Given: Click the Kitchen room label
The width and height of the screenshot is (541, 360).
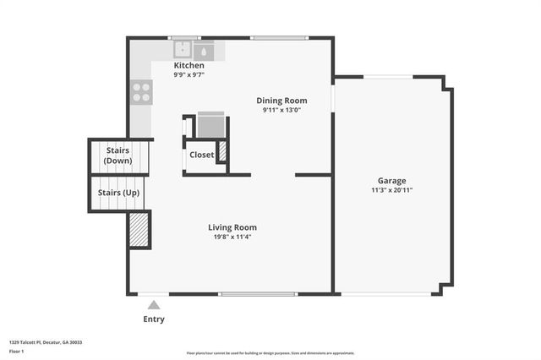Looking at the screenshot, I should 189,65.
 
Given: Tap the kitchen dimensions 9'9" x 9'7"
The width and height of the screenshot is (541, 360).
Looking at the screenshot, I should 189,74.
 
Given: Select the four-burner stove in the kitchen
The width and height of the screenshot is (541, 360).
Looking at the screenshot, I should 141,91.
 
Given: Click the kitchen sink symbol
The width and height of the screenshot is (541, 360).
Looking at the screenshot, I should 183,50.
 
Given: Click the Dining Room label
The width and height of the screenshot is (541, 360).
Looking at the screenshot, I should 281,101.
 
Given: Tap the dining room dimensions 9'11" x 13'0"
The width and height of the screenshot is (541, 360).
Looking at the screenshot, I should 281,110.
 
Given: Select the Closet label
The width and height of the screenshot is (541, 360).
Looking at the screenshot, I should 201,155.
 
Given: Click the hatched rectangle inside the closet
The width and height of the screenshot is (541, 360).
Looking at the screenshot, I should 223,152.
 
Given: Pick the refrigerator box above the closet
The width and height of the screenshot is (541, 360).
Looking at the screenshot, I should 210,124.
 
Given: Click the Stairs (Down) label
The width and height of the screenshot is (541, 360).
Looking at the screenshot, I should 118,155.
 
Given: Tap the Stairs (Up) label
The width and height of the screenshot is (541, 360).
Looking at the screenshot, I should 118,193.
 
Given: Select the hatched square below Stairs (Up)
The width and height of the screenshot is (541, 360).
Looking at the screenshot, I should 139,229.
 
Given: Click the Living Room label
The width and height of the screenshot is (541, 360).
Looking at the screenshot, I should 232,227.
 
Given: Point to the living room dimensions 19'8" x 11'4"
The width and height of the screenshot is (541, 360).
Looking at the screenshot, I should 232,237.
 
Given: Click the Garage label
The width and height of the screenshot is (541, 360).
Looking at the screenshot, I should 391,181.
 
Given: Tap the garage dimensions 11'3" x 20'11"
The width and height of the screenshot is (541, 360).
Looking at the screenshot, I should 391,190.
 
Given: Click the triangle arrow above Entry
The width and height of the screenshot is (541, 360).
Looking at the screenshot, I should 153,304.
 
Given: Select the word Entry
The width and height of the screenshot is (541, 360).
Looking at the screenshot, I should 154,319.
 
